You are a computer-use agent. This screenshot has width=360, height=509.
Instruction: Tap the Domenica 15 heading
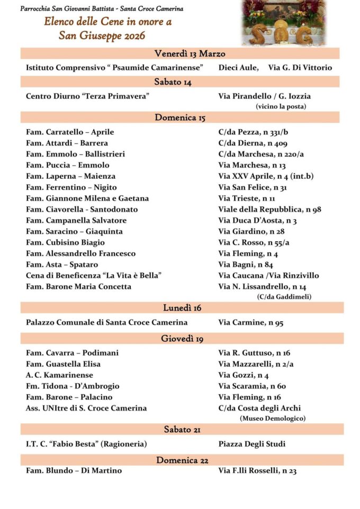(180, 117)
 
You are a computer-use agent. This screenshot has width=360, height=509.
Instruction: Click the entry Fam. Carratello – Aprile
(70, 132)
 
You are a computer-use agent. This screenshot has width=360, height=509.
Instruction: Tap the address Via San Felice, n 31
(253, 187)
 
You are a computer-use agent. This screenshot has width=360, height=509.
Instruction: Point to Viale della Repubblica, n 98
(269, 210)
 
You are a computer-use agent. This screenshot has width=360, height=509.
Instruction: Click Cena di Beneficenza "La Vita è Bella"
(94, 276)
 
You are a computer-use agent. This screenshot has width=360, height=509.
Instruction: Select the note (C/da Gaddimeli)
(284, 297)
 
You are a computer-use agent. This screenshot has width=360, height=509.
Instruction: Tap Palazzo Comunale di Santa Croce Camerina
(107, 322)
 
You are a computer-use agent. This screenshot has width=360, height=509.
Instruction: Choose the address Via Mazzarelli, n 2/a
(256, 364)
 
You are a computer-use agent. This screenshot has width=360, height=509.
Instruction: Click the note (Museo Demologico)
(272, 419)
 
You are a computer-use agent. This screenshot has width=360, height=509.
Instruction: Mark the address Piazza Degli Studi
(251, 444)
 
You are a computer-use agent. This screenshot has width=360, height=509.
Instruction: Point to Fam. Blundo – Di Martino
(74, 470)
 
